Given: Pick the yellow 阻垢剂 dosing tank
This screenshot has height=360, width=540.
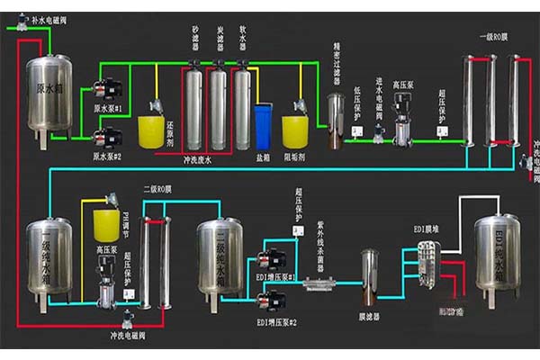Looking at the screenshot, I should pyautogui.click(x=296, y=130).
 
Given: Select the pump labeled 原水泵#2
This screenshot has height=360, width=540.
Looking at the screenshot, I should pyautogui.click(x=110, y=138).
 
